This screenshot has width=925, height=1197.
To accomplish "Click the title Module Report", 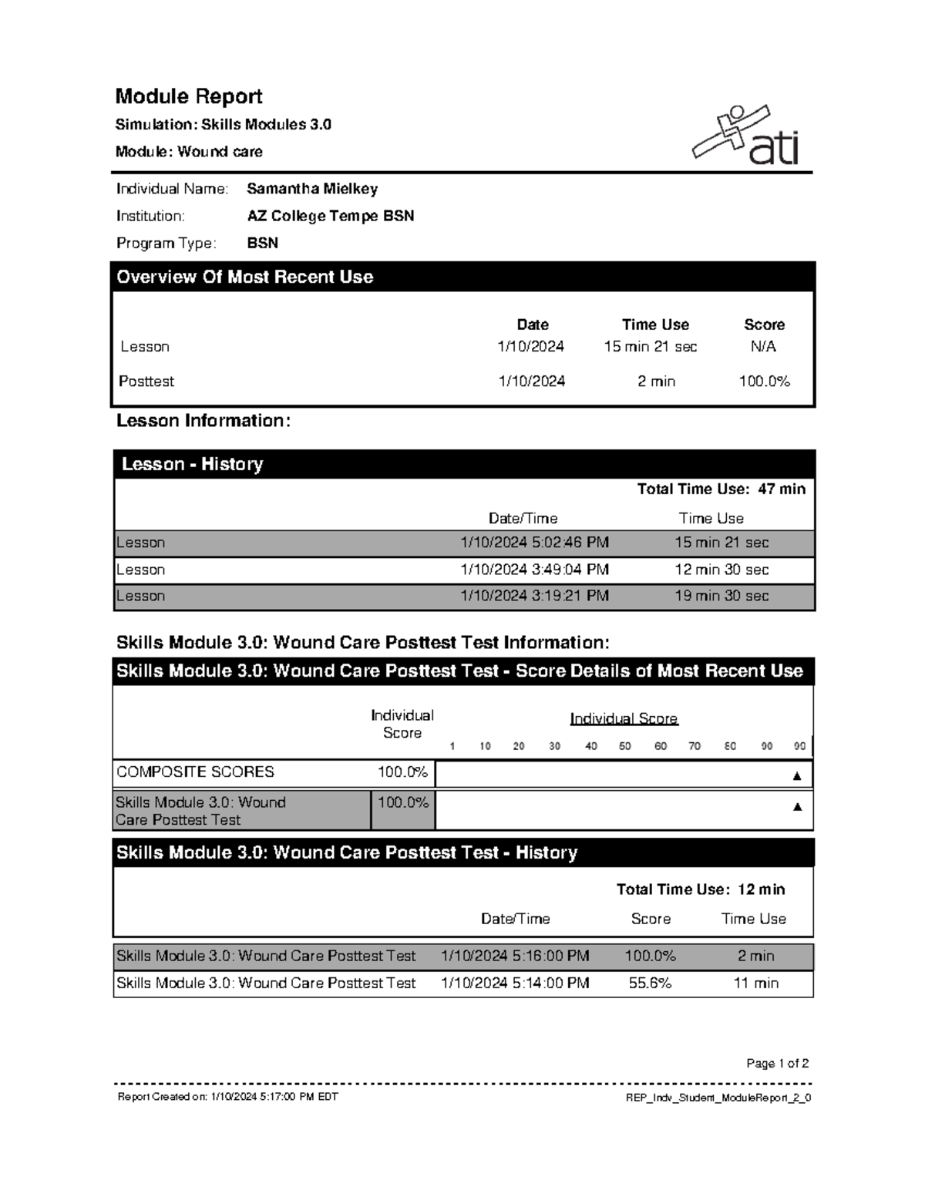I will (189, 96).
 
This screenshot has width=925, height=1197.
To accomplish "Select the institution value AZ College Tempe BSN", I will (330, 216).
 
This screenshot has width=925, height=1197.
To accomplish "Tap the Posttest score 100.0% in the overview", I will (764, 382).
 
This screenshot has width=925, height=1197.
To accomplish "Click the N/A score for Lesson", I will (763, 347).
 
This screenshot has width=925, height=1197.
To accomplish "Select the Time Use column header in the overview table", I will (655, 324).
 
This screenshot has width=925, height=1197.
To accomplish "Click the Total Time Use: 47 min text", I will (721, 489).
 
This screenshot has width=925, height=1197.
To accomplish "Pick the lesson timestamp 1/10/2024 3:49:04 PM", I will (534, 570).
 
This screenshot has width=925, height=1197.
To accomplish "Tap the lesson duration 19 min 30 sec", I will (721, 596).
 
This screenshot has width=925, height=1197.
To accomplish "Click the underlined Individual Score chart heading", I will (624, 718).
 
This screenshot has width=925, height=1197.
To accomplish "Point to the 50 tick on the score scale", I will (624, 746).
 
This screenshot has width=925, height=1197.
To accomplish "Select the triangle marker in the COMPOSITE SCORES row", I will (797, 775).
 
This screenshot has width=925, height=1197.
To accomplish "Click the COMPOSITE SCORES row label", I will (195, 772).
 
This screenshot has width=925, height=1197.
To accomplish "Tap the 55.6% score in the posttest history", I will (650, 983).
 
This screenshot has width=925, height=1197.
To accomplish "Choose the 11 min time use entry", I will (755, 983).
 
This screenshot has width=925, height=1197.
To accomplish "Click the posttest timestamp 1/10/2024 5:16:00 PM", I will (515, 956).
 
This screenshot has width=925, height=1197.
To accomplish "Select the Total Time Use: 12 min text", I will (700, 889).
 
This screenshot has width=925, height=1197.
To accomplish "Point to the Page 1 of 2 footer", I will (777, 1064).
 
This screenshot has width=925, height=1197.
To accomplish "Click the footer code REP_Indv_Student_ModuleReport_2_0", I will (718, 1098).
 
